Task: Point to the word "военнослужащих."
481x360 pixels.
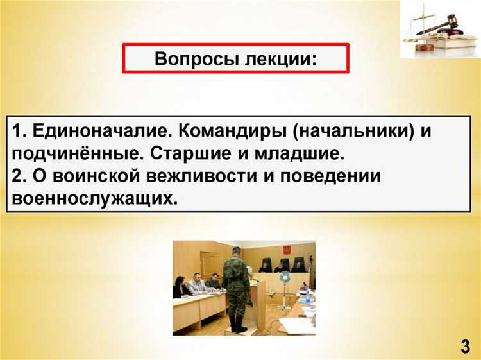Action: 92,198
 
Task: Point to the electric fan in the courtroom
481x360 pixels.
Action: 284,279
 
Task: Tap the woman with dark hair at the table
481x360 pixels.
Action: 181,287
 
